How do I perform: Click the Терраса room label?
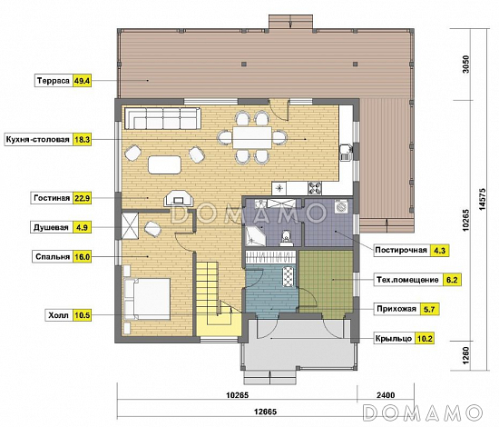pos(54,81)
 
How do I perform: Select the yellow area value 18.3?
pos(82,140)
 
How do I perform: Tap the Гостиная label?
pos(52,198)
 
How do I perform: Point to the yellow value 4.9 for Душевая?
pos(82,227)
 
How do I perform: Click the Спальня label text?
pos(53,257)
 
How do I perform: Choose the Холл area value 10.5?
pos(82,315)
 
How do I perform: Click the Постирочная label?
pos(401,250)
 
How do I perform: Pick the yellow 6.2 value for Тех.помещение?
pos(452,280)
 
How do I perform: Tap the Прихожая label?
pos(396,309)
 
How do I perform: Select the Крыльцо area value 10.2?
pos(425,338)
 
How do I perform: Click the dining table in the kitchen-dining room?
pos(252,138)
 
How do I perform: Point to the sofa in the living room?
pos(162,118)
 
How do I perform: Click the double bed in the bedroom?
pos(147,299)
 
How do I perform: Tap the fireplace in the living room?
pos(178,199)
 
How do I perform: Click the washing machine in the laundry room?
pos(341,207)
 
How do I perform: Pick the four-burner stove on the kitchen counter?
pos(315,188)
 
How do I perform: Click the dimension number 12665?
pos(266,412)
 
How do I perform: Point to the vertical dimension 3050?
pos(466,65)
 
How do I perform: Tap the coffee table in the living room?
pos(164,164)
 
